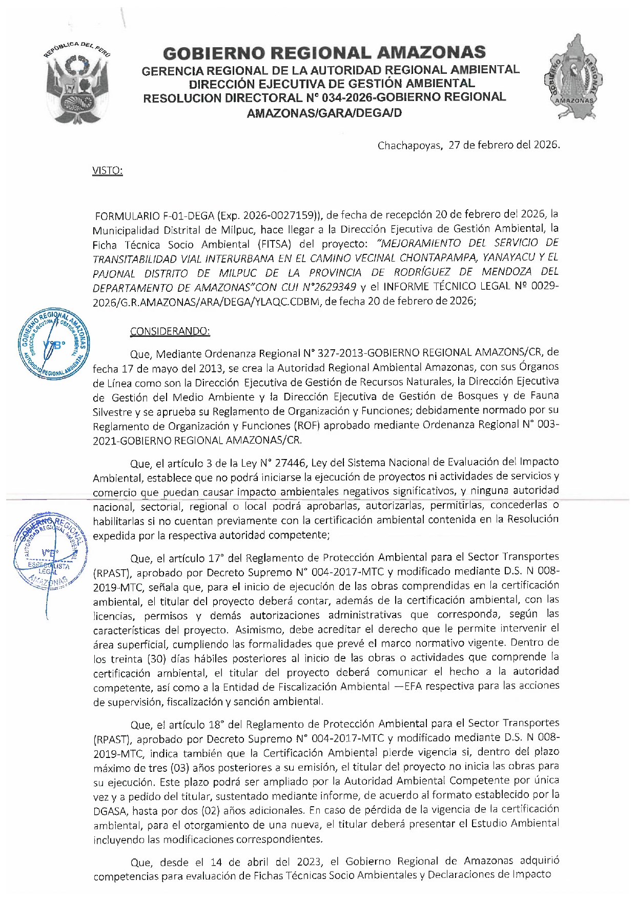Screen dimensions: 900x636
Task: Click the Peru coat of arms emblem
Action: pos(78,83)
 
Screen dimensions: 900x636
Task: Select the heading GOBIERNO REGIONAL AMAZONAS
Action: pos(324,53)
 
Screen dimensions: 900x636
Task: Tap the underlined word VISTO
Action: pos(107,170)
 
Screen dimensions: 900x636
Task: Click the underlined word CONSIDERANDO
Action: pos(170,331)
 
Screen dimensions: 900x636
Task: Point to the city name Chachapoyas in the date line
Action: pos(409,145)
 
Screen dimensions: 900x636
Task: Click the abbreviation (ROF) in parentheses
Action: pos(307,426)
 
